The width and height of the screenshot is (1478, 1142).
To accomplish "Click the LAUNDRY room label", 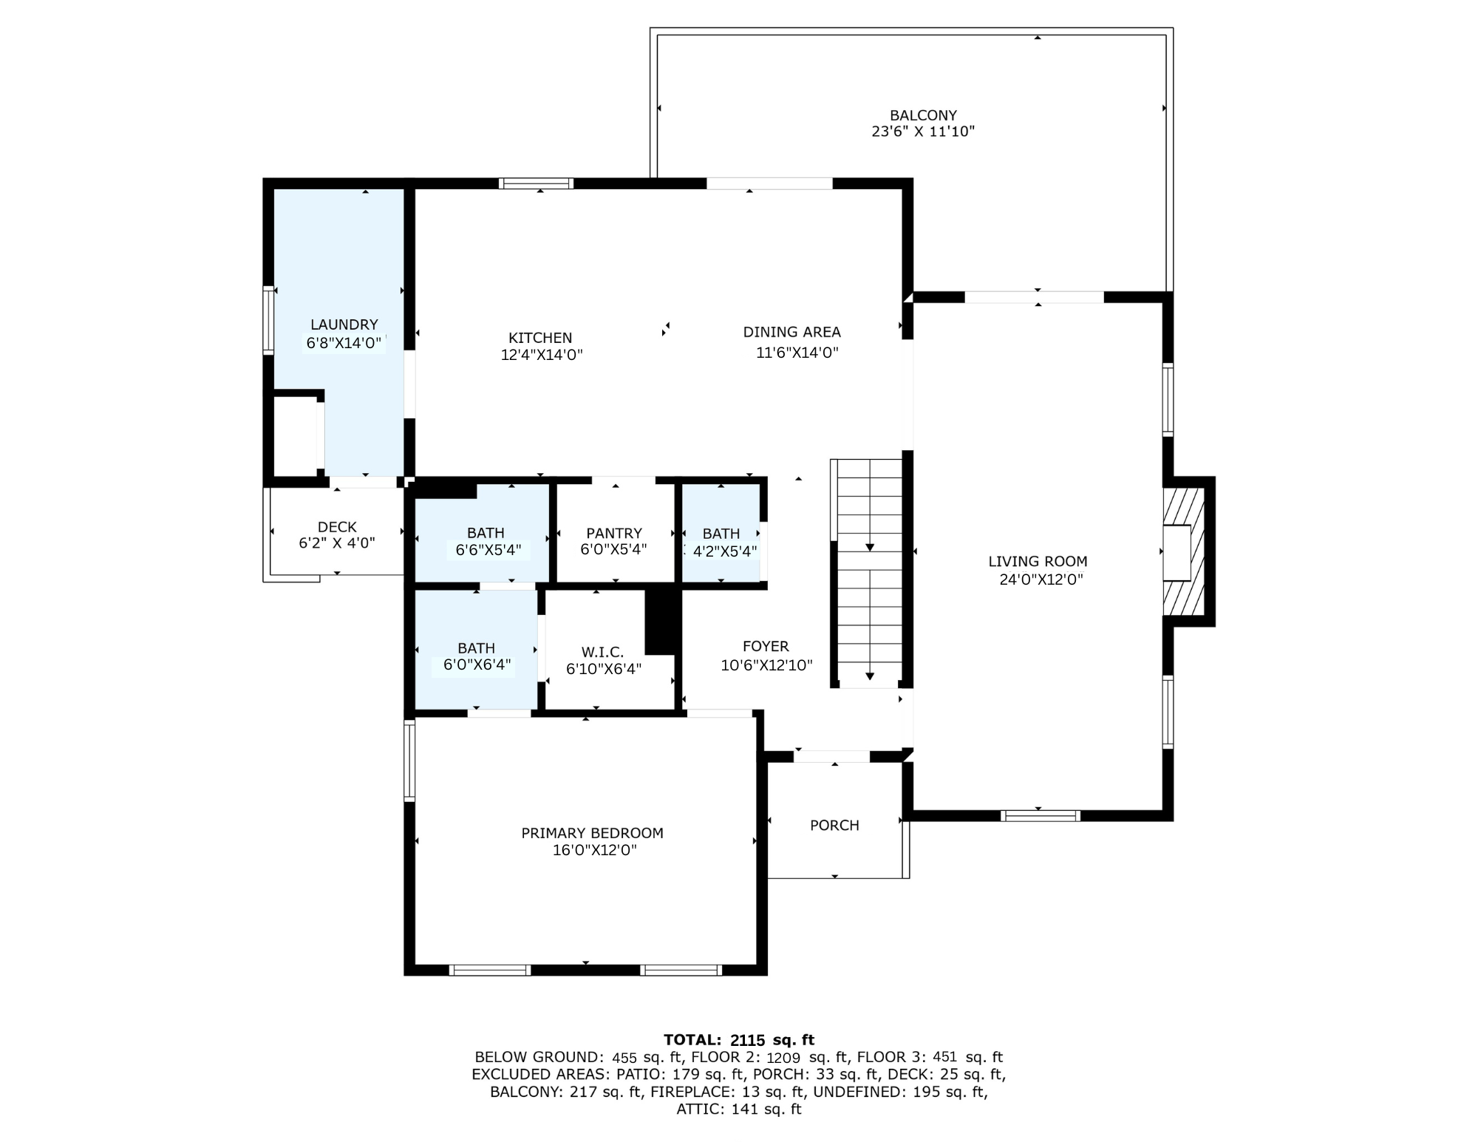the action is (344, 324).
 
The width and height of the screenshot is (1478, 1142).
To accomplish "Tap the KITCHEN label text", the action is (540, 338).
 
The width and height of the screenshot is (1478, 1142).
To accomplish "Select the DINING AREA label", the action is (791, 332).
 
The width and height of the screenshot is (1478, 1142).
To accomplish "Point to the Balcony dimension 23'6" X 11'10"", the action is (923, 132).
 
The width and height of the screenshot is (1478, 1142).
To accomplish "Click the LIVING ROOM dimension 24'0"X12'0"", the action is (1041, 580).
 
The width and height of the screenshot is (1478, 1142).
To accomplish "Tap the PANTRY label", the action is (614, 533).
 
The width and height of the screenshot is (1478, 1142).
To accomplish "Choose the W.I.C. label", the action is (602, 652).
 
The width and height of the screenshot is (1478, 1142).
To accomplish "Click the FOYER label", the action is (766, 646).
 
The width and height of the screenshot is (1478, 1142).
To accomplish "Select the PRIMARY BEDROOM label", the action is (592, 833).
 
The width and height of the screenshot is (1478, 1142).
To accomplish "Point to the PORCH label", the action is (834, 825).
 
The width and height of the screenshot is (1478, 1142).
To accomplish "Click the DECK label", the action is (337, 527).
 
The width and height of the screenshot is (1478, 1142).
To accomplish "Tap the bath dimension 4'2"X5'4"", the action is (724, 551).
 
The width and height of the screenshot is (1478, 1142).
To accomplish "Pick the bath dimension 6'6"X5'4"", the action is (488, 550).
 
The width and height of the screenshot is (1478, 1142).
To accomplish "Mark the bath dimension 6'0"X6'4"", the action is (477, 665).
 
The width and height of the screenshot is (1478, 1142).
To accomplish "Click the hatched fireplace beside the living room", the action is (1184, 551).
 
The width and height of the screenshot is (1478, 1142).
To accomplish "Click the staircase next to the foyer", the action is (869, 574).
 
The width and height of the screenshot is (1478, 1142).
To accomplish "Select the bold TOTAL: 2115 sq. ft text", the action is (739, 1040).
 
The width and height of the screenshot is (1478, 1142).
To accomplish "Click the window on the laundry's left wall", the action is (269, 320).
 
